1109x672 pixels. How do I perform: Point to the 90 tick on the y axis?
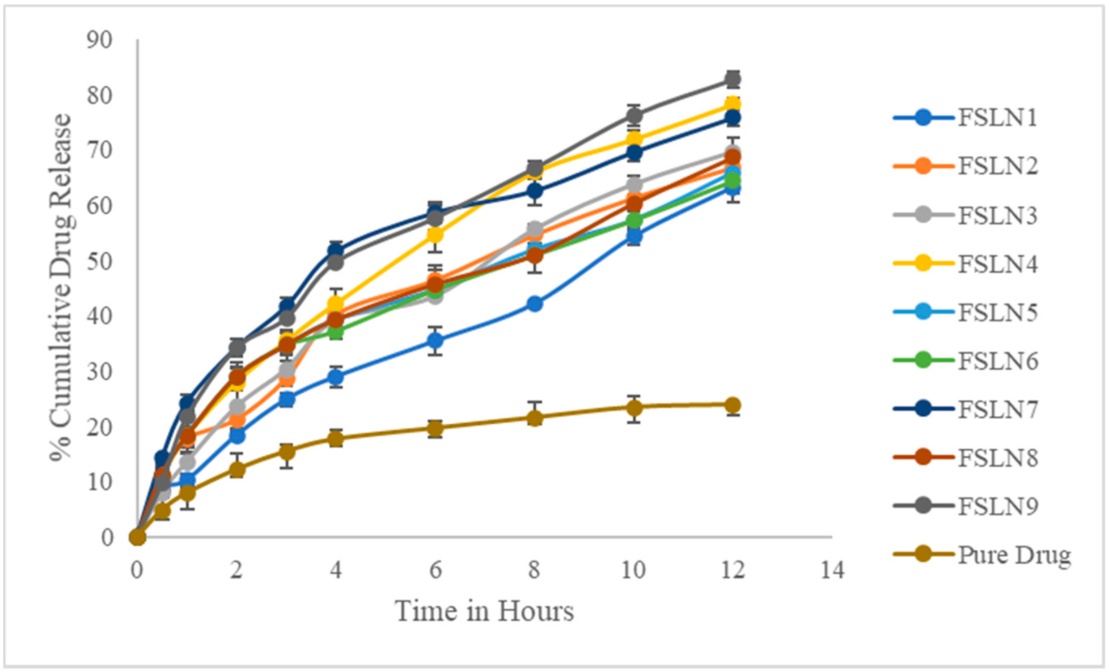(x=99, y=40)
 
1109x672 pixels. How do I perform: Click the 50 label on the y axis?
(x=99, y=261)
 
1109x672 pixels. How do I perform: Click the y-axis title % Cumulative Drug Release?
(x=61, y=288)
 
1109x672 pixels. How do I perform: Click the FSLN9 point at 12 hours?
(x=733, y=80)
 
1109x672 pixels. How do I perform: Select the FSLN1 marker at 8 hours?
(x=534, y=304)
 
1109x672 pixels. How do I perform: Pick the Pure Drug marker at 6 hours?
(x=435, y=428)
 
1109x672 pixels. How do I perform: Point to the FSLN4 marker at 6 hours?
(x=435, y=235)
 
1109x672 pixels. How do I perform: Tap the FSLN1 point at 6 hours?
(x=435, y=341)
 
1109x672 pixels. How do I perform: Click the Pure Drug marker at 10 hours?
(x=634, y=408)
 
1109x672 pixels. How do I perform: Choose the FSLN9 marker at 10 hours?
(x=634, y=116)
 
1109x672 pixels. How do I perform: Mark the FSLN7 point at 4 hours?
(x=336, y=251)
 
